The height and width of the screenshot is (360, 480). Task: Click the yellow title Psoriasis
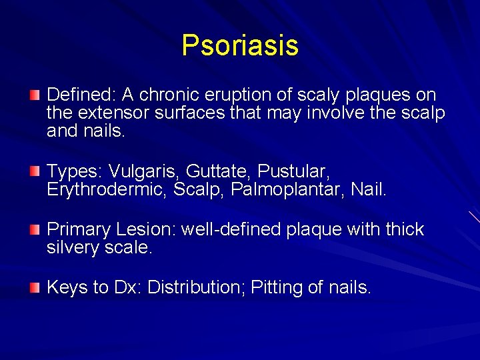(x=240, y=45)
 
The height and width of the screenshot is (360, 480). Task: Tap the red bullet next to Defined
(x=35, y=96)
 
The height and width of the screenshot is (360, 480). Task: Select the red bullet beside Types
(x=35, y=172)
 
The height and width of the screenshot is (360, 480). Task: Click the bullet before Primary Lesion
(x=35, y=230)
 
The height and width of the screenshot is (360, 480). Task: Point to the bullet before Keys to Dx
(x=35, y=287)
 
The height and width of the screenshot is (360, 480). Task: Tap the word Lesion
(x=145, y=230)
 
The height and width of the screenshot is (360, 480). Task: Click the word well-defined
(x=229, y=230)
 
